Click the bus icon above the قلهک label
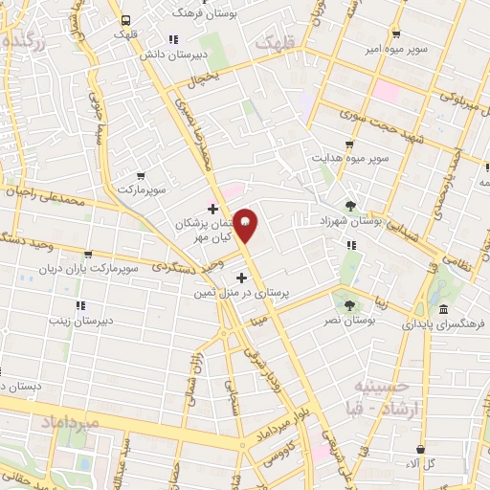coord(124,17)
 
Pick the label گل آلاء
coord(421,463)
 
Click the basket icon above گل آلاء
coord(420,448)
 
